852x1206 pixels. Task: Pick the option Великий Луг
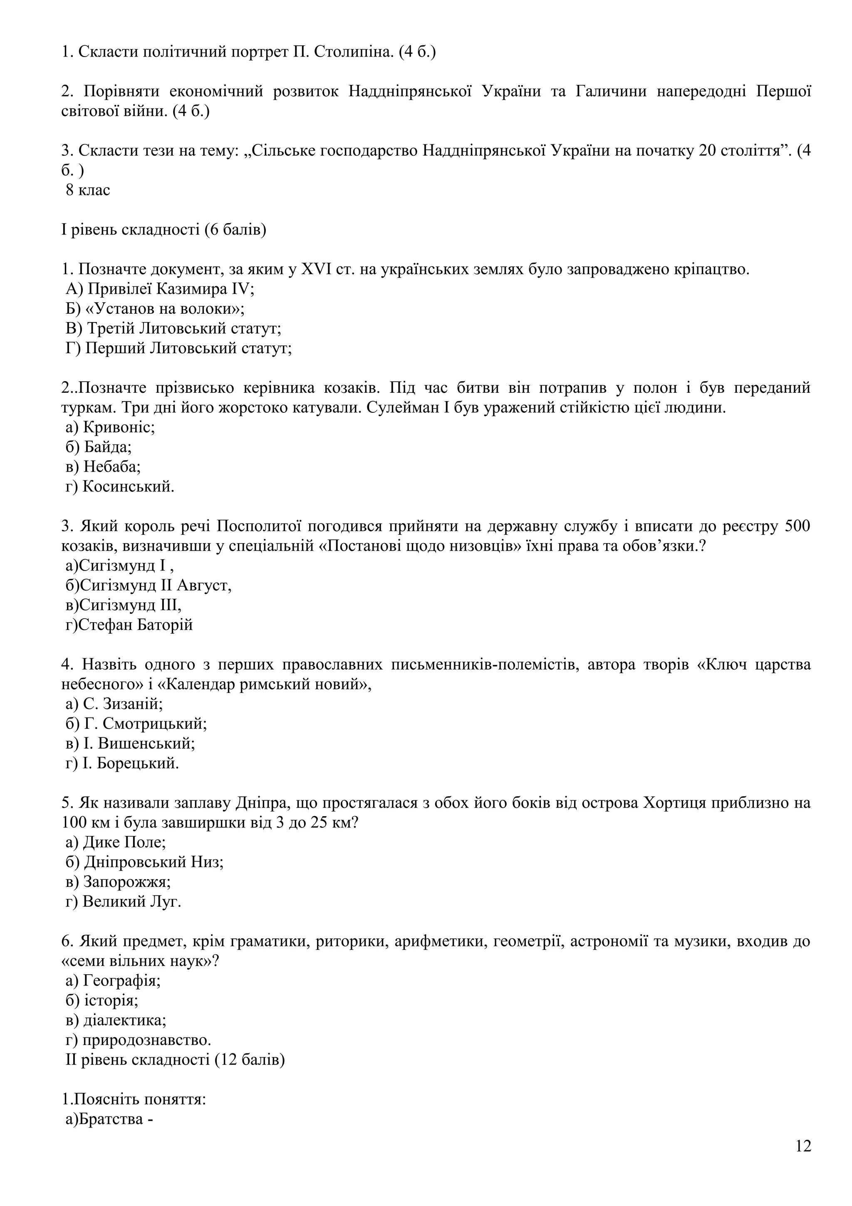(x=124, y=902)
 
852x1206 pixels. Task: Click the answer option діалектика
(x=116, y=1020)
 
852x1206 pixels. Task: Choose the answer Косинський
(x=120, y=486)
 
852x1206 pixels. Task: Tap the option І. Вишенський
(x=131, y=743)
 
